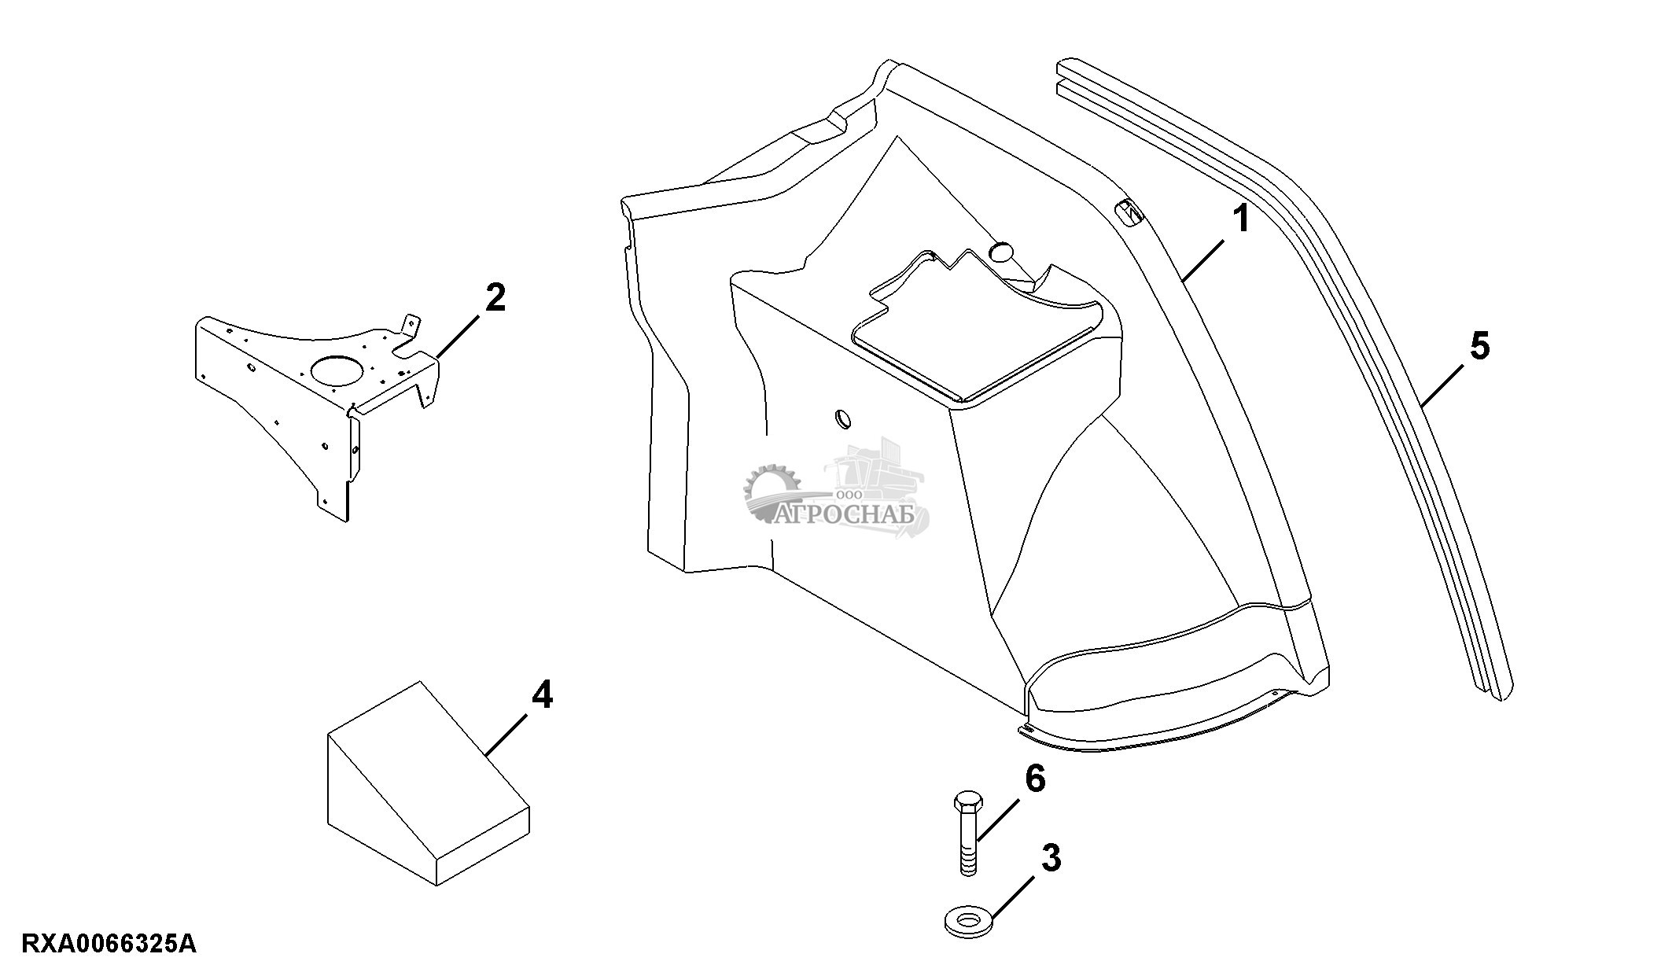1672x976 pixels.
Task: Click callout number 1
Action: [1240, 219]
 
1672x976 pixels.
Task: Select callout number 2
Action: [495, 298]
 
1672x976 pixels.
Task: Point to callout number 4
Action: [542, 695]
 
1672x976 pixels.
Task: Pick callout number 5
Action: [1479, 346]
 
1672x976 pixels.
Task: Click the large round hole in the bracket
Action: [337, 370]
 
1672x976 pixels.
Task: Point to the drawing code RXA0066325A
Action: [109, 944]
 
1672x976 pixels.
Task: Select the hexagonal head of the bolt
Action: [968, 804]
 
